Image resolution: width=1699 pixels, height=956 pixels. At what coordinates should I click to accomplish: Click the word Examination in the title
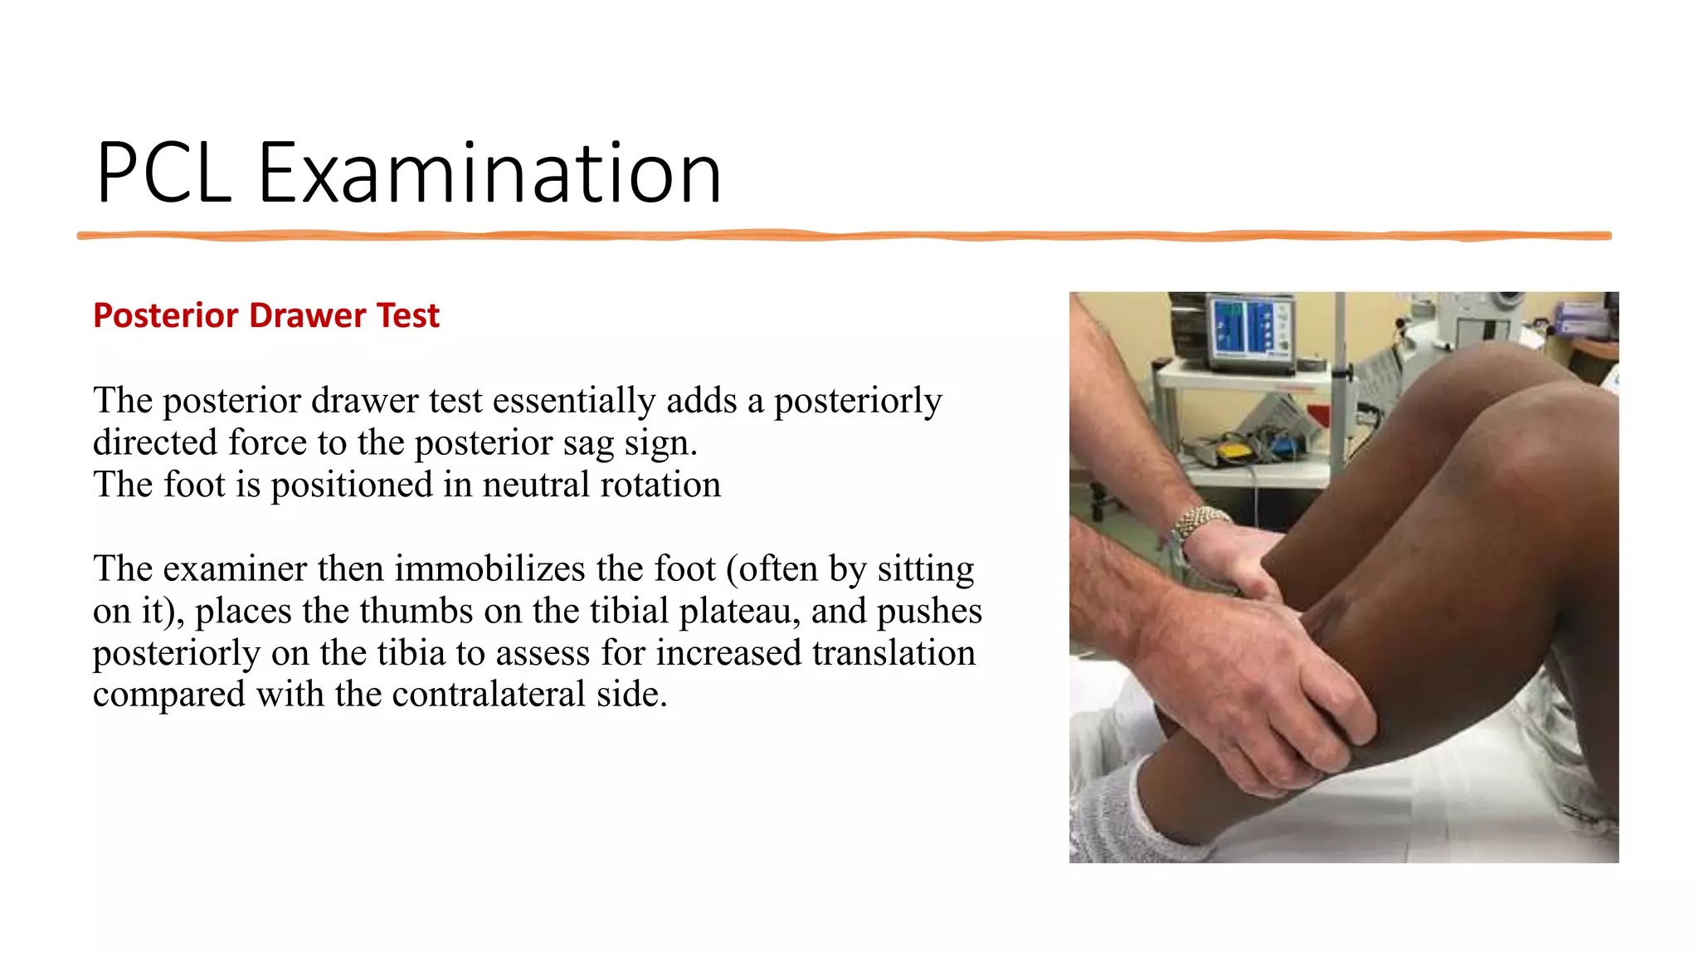pos(489,173)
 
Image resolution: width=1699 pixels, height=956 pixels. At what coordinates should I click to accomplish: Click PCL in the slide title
pos(163,173)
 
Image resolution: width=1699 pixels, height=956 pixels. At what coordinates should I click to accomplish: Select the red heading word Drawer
pos(307,316)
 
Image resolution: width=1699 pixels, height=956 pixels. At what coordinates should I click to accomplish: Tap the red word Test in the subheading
pos(407,316)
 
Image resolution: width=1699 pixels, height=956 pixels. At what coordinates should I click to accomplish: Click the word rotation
pos(660,485)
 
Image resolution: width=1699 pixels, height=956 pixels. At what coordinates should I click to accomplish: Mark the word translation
pos(893,653)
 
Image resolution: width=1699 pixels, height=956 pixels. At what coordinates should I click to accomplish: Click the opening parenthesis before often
pos(732,570)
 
